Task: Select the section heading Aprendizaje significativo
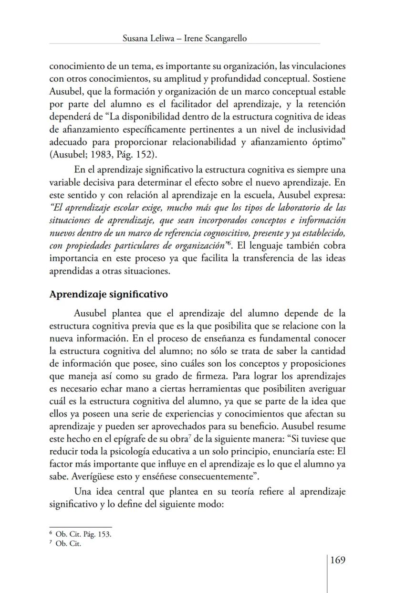pos(108,294)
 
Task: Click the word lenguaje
pos(275,245)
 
